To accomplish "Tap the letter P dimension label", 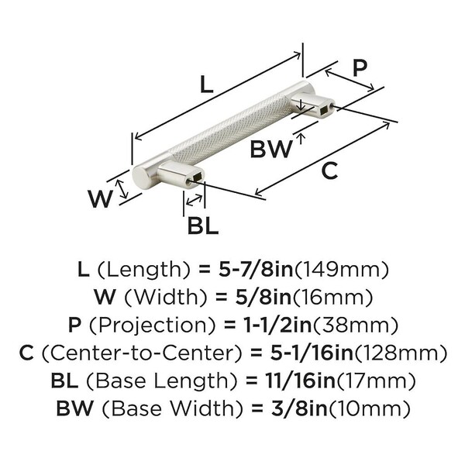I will click(359, 67).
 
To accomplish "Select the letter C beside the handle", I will click(330, 172).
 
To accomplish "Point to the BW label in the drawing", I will click(270, 149).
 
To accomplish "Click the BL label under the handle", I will click(202, 226).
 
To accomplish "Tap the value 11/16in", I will click(284, 380).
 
